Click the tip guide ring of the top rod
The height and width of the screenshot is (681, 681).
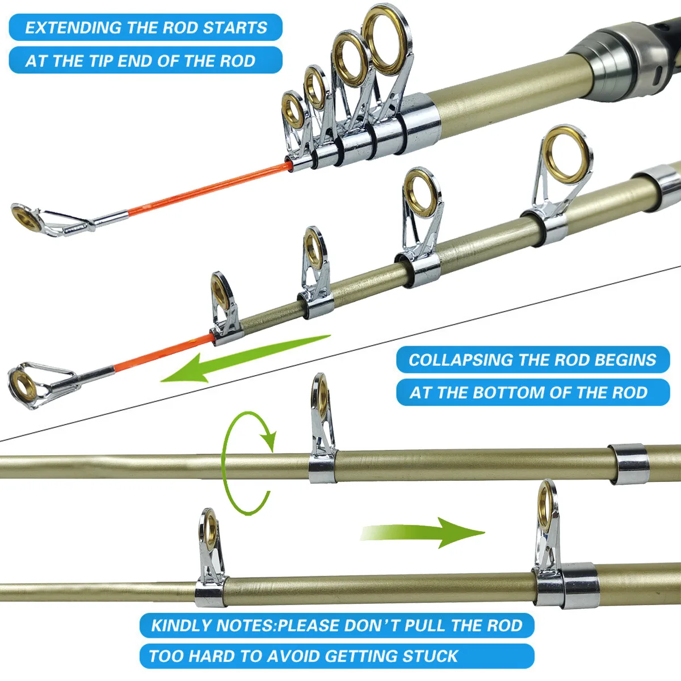(x=26, y=218)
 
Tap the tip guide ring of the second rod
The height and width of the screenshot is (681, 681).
(x=23, y=385)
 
